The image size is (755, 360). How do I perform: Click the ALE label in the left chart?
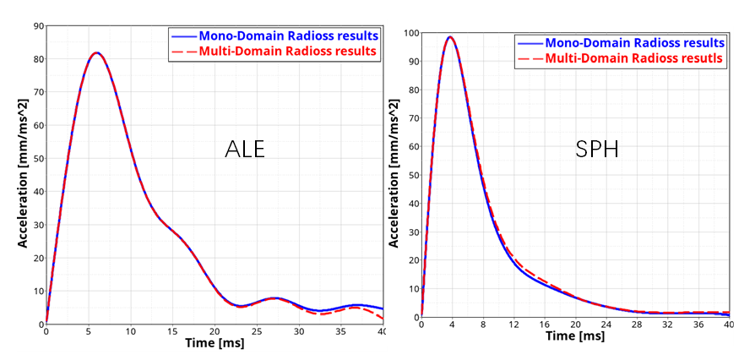point(245,149)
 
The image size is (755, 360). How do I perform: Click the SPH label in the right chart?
point(598,150)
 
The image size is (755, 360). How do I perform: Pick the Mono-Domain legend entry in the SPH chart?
point(634,42)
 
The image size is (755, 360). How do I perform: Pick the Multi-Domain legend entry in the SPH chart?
point(634,58)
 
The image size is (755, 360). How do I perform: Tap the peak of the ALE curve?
point(96,53)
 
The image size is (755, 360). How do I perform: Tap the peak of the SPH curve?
point(450,37)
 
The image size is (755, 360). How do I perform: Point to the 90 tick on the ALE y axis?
point(38,25)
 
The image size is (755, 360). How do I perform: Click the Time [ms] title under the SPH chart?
point(574,336)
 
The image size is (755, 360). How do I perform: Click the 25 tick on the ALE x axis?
point(257,332)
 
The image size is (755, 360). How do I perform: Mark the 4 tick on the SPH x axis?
point(452,325)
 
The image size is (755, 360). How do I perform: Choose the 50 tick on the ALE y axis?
point(38,158)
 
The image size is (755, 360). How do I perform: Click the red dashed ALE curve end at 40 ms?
point(383,319)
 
